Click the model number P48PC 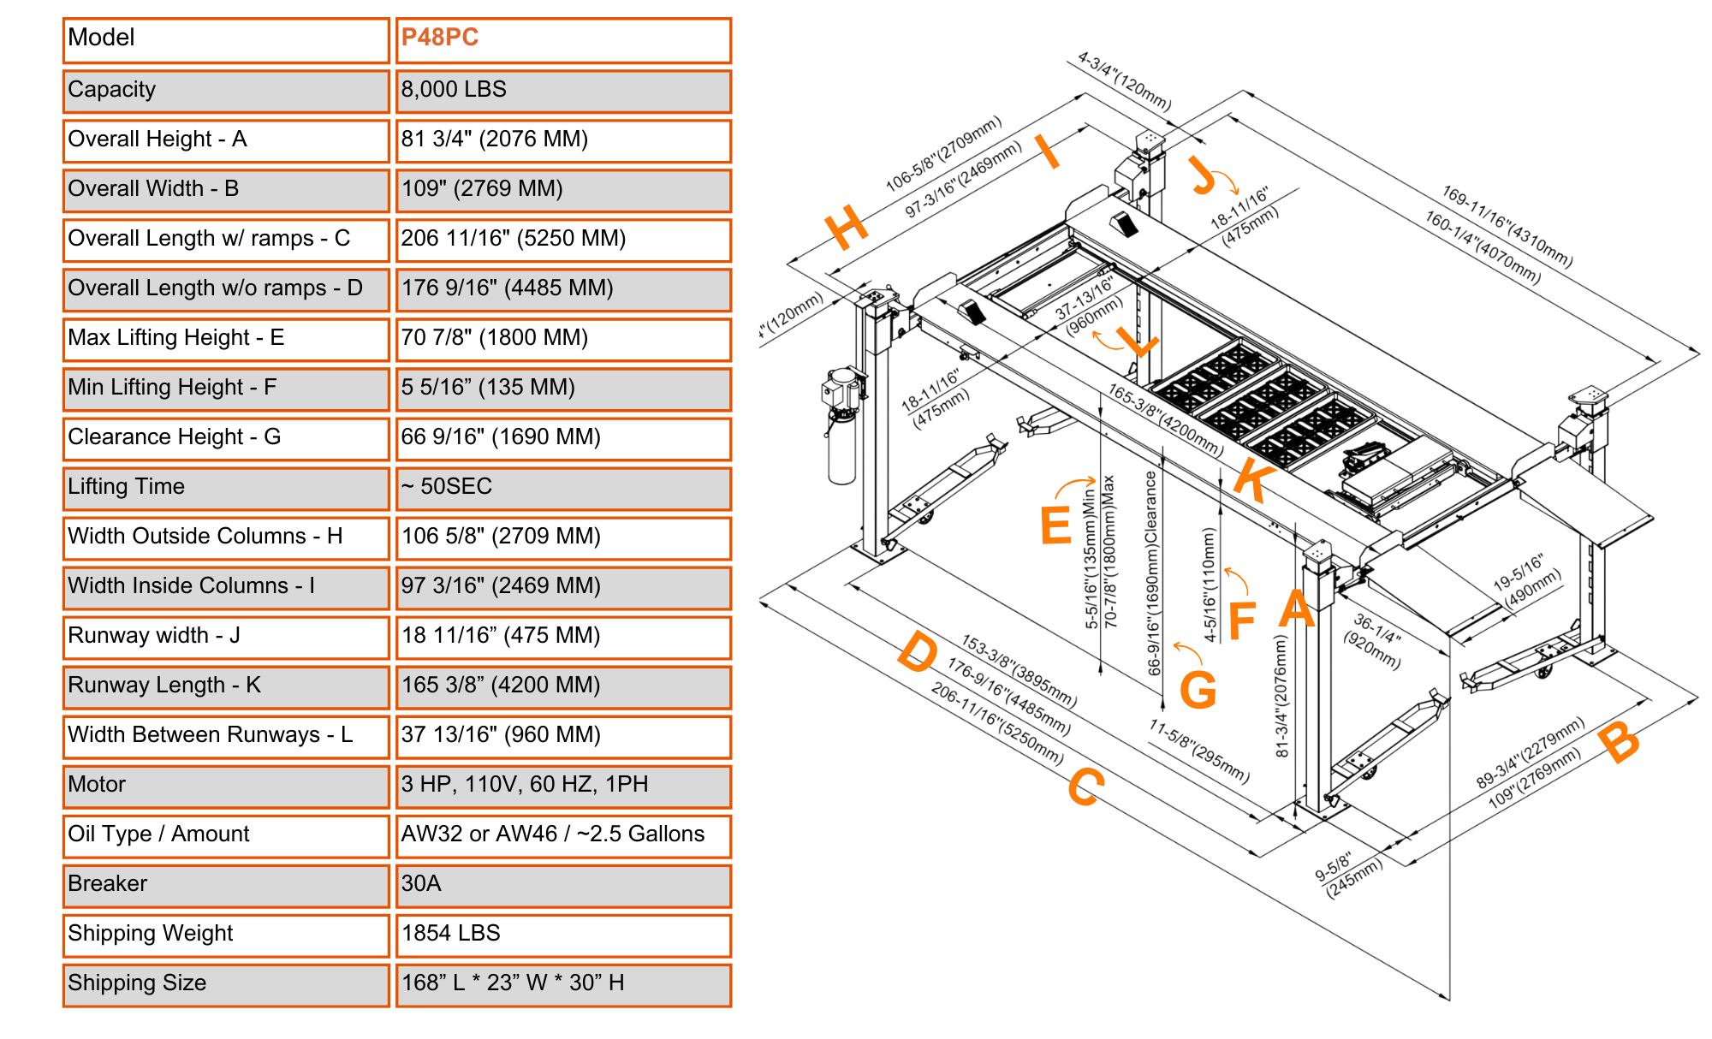pyautogui.click(x=440, y=38)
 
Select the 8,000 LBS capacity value pyautogui.click(x=454, y=90)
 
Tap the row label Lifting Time pyautogui.click(x=126, y=487)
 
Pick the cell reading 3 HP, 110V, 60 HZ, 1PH pyautogui.click(x=525, y=785)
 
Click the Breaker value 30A pyautogui.click(x=421, y=884)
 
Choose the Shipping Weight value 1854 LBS pyautogui.click(x=451, y=934)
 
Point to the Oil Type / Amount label pyautogui.click(x=158, y=834)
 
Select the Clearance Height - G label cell pyautogui.click(x=174, y=437)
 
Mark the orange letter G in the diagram pyautogui.click(x=1198, y=690)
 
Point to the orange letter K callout pyautogui.click(x=1254, y=481)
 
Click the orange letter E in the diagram pyautogui.click(x=1055, y=525)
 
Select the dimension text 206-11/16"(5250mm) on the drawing pyautogui.click(x=997, y=724)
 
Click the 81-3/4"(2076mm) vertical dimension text pyautogui.click(x=1281, y=696)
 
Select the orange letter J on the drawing pyautogui.click(x=1204, y=175)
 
